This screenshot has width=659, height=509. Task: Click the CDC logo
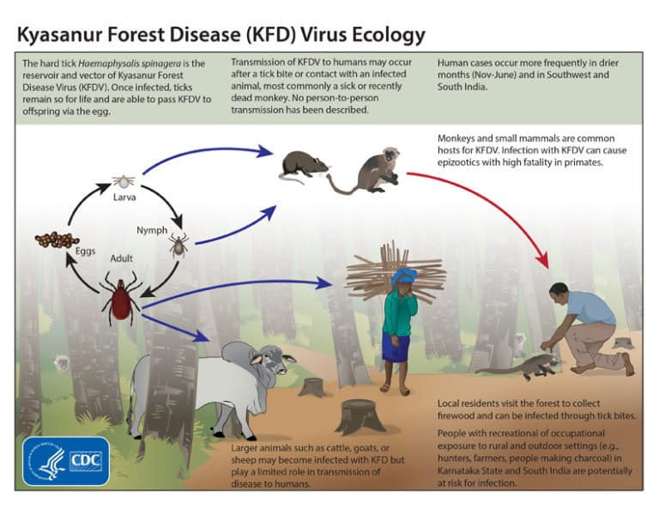[66, 461]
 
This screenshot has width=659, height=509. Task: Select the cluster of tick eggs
[57, 240]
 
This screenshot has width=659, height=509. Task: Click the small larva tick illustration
[124, 182]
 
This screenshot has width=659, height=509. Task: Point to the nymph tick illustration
[178, 246]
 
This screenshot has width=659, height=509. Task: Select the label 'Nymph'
[152, 230]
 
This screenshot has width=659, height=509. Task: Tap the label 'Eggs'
[61, 251]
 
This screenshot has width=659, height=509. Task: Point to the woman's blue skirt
[396, 348]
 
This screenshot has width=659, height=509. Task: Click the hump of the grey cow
[234, 351]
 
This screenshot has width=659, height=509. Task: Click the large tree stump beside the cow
[360, 416]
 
